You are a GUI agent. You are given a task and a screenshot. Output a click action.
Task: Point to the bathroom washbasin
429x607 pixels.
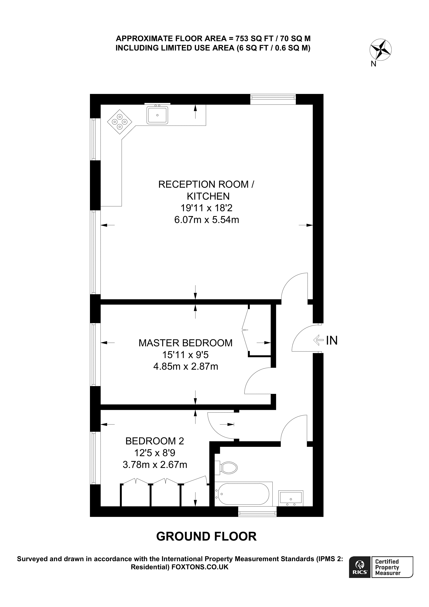click(x=291, y=498)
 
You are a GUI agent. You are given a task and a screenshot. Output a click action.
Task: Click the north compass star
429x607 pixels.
click(x=380, y=50)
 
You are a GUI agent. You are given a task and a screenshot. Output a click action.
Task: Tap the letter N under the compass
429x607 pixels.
click(x=373, y=64)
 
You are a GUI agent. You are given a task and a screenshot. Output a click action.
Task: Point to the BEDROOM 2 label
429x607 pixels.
click(x=155, y=441)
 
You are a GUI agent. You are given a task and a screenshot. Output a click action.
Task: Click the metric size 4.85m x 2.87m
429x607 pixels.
click(x=186, y=366)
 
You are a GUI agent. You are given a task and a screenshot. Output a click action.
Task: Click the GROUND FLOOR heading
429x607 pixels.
click(x=207, y=536)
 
